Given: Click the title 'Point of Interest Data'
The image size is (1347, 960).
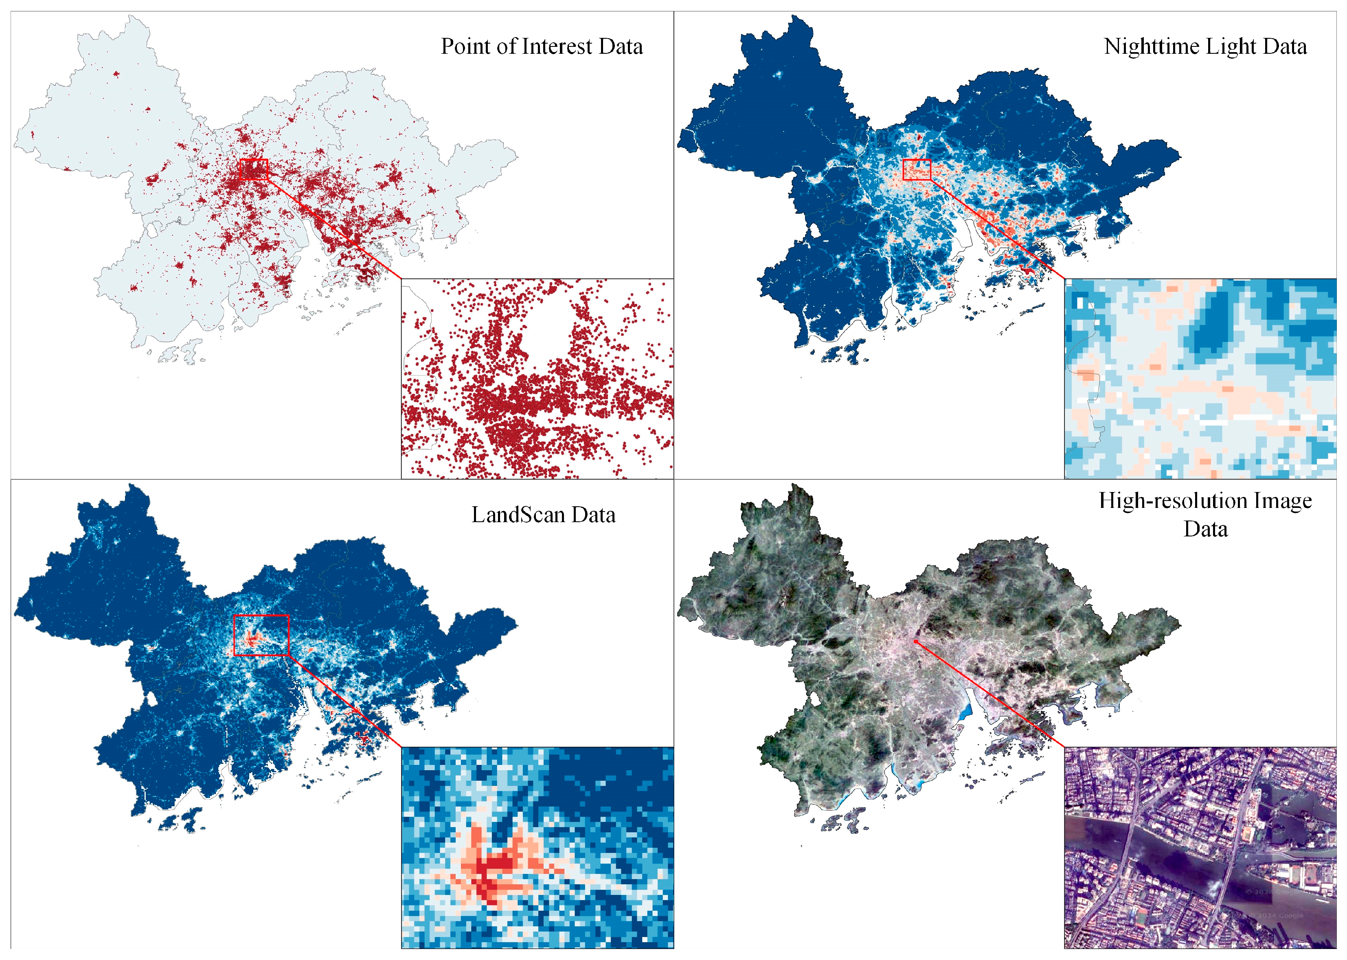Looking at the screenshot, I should point(542,47).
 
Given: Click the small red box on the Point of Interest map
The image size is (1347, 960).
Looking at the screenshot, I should point(254,169).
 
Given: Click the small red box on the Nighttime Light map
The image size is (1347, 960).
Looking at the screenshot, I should point(917,170).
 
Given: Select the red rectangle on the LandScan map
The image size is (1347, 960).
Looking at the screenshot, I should point(261,635).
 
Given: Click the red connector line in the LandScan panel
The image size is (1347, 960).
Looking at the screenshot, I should point(346,702).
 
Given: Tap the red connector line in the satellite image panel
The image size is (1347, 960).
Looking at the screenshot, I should point(990,694).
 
